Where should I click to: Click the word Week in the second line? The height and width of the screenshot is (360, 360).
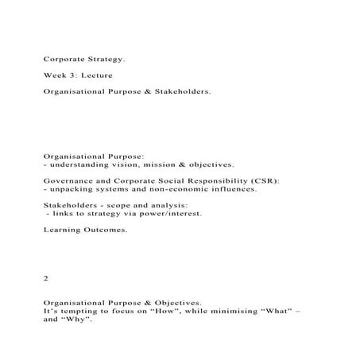pos(56,75)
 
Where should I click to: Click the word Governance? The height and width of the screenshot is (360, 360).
pos(70,181)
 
